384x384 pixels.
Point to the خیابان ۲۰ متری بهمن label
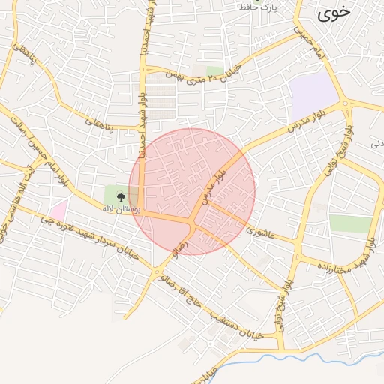[x=184, y=75]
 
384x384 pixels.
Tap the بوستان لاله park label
[x=124, y=211]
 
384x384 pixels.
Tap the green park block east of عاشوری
[x=350, y=223]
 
